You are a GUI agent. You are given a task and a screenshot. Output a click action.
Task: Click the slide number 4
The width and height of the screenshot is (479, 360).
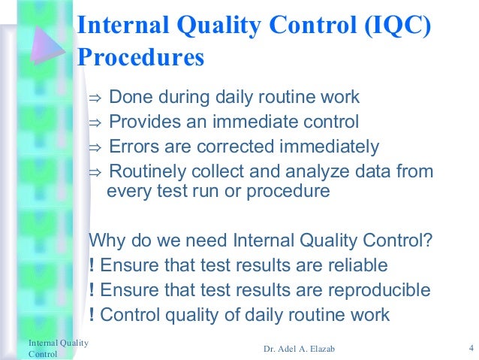click(x=469, y=348)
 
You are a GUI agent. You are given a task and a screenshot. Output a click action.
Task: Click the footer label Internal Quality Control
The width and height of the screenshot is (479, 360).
click(x=58, y=348)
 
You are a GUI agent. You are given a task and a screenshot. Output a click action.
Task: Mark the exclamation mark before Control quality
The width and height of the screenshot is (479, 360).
click(x=92, y=314)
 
